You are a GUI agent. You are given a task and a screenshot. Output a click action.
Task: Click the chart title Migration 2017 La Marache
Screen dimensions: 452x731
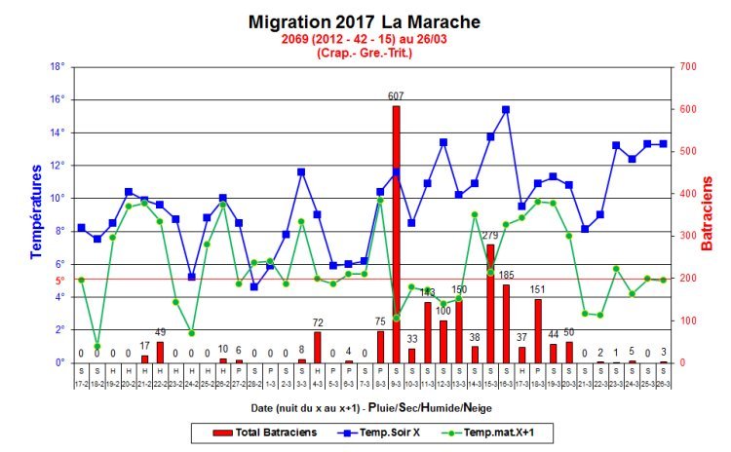(365, 21)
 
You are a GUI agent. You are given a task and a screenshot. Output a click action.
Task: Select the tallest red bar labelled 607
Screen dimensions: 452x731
(396, 234)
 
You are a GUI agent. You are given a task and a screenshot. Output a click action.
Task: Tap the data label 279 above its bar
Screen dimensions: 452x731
(490, 236)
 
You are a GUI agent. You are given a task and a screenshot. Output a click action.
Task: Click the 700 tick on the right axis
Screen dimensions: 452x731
(689, 66)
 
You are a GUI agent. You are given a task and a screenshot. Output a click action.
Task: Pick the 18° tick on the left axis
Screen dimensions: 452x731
(57, 66)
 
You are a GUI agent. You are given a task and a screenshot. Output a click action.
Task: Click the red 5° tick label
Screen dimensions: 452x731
(58, 280)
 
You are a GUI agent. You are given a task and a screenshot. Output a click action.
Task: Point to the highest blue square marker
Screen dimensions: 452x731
(506, 110)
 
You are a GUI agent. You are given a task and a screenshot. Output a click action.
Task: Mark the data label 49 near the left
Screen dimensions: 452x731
(160, 332)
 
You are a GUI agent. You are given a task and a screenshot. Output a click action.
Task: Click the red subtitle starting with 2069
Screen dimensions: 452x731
(365, 39)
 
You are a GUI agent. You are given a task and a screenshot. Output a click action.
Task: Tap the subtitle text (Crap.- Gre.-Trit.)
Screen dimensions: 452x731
(365, 53)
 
